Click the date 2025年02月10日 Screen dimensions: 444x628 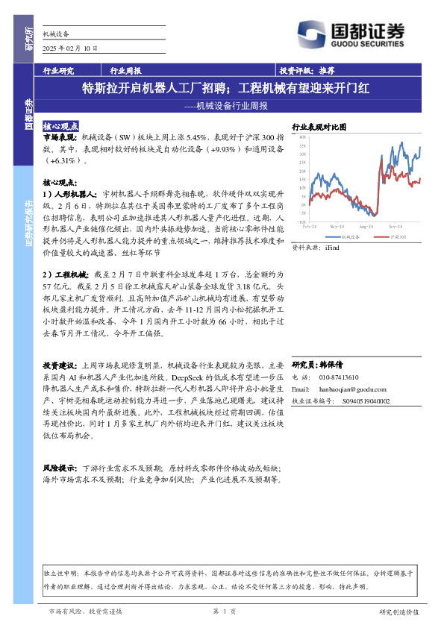[71, 48]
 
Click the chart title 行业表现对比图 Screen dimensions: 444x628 [319, 128]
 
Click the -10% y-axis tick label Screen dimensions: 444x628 [301, 222]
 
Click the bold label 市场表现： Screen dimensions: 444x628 [60, 138]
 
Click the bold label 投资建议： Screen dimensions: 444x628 [60, 365]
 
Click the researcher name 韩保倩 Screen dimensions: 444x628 [329, 365]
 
